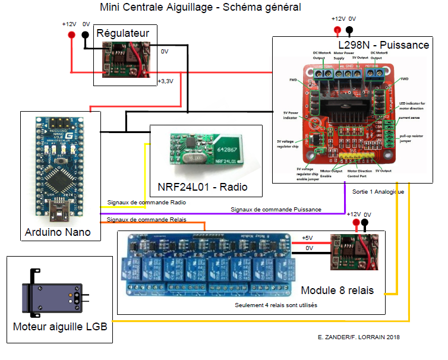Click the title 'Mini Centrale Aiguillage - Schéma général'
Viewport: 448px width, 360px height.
pos(201,8)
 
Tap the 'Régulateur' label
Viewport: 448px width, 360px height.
pos(122,33)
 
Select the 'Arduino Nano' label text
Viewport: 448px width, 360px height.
pos(58,232)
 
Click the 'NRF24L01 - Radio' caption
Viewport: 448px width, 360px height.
pos(201,188)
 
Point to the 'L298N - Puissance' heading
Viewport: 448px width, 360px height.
pos(383,45)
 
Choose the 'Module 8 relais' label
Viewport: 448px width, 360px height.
pos(337,290)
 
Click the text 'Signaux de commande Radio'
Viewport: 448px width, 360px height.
pos(147,203)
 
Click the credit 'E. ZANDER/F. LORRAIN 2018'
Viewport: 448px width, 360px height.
pos(359,337)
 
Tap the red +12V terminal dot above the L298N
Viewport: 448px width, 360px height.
pos(337,30)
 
